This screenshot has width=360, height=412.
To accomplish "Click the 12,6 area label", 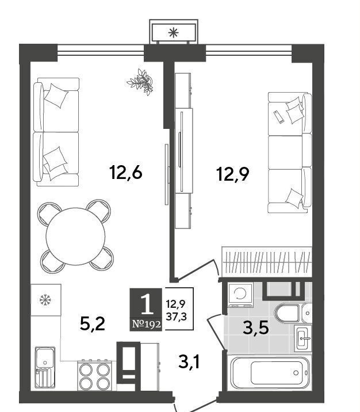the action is pos(127,173).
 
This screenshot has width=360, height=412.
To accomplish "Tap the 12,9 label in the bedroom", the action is pos(233,173).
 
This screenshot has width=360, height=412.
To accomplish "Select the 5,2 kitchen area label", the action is pos(93,324).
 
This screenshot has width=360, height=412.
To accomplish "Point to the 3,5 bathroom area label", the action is pos(256,327).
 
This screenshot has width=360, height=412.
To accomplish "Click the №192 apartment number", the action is pos(146,324).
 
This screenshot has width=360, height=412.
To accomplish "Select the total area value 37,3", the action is pos(176,317).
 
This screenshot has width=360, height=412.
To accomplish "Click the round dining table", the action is pos(75,236).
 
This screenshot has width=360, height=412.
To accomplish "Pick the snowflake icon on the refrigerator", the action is pos(45,300).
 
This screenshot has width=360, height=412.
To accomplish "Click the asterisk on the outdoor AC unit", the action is pos(174,33).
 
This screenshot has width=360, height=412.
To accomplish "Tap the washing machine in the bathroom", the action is pos(240,295).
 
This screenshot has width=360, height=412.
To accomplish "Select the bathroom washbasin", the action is pos(302,338).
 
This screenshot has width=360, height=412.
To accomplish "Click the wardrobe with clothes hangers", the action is pos(267,262).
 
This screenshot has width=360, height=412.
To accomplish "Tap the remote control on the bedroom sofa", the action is pos(278,117).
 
